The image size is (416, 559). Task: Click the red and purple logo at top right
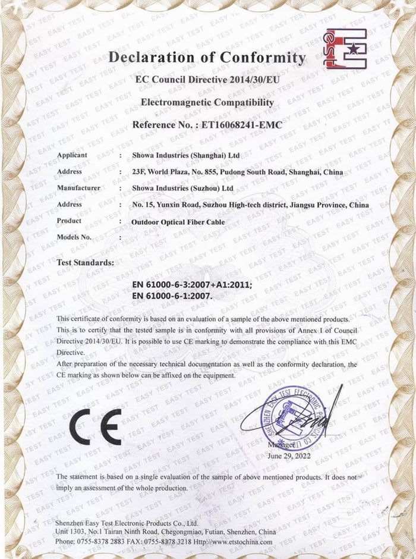(x=344, y=48)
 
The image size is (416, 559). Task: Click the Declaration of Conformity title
(x=207, y=58)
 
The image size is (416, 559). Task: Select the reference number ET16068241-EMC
(x=239, y=125)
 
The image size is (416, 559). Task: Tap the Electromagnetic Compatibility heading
(x=207, y=102)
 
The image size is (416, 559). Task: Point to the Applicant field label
(x=73, y=155)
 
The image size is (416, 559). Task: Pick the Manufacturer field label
(x=78, y=188)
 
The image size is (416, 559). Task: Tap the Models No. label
(x=75, y=237)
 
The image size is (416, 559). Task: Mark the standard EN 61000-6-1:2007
(x=171, y=295)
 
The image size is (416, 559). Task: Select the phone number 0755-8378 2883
(x=103, y=542)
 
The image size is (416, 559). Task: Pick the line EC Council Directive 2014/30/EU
(x=207, y=80)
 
